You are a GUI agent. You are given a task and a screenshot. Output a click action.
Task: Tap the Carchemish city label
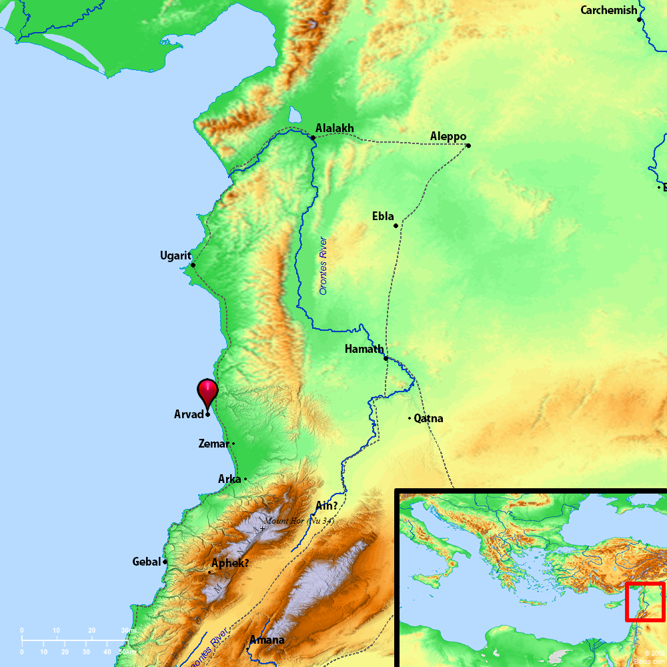[608, 10]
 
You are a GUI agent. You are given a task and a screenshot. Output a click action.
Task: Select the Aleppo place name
[448, 136]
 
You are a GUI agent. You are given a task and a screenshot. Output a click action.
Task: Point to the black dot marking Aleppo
[468, 145]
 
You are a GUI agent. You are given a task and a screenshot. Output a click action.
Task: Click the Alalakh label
[335, 129]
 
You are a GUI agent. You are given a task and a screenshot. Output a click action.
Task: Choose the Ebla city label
[383, 217]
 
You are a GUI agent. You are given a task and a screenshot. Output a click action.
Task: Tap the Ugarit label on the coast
[175, 255]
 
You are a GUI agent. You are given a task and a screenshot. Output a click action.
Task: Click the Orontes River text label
[323, 265]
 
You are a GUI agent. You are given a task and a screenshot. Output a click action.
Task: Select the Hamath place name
[364, 349]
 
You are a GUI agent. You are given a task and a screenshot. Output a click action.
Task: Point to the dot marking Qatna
[410, 418]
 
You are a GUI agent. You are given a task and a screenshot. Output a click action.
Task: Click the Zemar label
[213, 444]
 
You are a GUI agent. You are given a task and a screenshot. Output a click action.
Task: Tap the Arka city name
[229, 479]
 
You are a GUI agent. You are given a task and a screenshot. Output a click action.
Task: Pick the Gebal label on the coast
[147, 562]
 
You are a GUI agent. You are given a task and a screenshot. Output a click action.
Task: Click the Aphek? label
[230, 563]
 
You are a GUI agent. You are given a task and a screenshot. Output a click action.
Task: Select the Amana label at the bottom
[267, 640]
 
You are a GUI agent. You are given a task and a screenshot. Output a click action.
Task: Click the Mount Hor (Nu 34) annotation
[299, 521]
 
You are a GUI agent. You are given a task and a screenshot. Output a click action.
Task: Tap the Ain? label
[326, 506]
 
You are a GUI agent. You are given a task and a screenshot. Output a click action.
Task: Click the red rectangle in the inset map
[645, 602]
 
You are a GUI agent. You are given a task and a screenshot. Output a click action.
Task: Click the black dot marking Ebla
[396, 225]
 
